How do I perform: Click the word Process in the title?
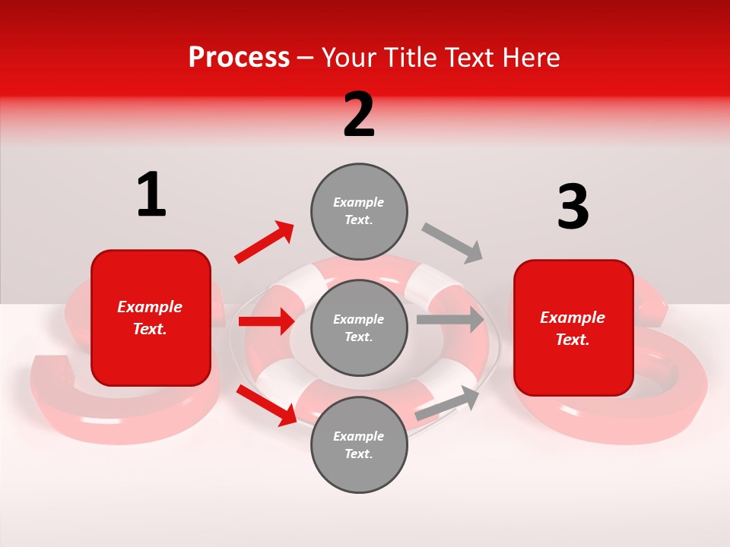239,58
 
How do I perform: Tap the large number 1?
151,194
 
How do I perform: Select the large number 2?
359,114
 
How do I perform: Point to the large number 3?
573,207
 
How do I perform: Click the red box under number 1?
151,318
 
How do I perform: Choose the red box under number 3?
573,328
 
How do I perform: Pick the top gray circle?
359,210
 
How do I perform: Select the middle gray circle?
359,327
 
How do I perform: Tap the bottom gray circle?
359,444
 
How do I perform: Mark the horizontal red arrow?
266,321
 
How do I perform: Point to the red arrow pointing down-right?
266,404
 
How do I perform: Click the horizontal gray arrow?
450,319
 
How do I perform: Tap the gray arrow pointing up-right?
447,403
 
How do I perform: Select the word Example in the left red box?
150,307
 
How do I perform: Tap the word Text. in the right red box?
573,340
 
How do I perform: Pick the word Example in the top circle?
359,202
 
